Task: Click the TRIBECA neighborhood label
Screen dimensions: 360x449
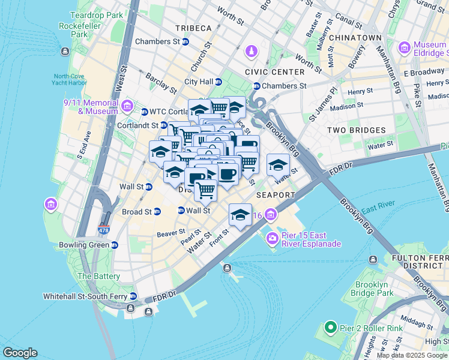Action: tap(193, 28)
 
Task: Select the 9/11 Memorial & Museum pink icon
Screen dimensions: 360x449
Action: tap(127, 107)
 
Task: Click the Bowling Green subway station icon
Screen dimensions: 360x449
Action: tap(114, 245)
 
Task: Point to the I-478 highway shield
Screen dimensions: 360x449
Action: tap(104, 229)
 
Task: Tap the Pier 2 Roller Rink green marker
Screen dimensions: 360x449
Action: tap(330, 328)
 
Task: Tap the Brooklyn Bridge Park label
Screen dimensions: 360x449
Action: tap(383, 289)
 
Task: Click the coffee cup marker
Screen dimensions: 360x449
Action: tap(227, 175)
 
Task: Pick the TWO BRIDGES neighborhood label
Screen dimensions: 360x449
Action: tap(356, 130)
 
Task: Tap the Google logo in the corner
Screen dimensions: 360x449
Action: tap(20, 353)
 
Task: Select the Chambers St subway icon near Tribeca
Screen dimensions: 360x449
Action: tap(185, 41)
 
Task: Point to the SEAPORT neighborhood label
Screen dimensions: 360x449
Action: tap(276, 195)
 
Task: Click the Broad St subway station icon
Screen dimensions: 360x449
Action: tap(157, 212)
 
